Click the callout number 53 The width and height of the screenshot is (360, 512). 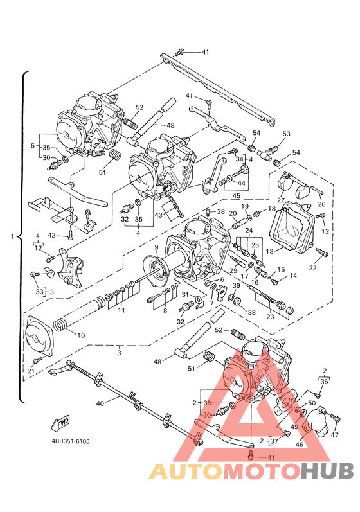[286, 134]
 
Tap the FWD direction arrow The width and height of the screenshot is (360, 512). [60, 423]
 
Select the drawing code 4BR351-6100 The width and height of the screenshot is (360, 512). [71, 441]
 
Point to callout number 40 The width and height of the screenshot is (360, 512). [100, 403]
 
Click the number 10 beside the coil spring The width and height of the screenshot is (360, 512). [81, 335]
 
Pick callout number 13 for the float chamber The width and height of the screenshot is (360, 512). [270, 251]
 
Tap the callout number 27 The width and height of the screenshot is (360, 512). [281, 200]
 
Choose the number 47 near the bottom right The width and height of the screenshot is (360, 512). [334, 435]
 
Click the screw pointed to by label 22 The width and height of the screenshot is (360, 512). [321, 252]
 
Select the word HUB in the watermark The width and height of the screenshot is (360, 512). [327, 472]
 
